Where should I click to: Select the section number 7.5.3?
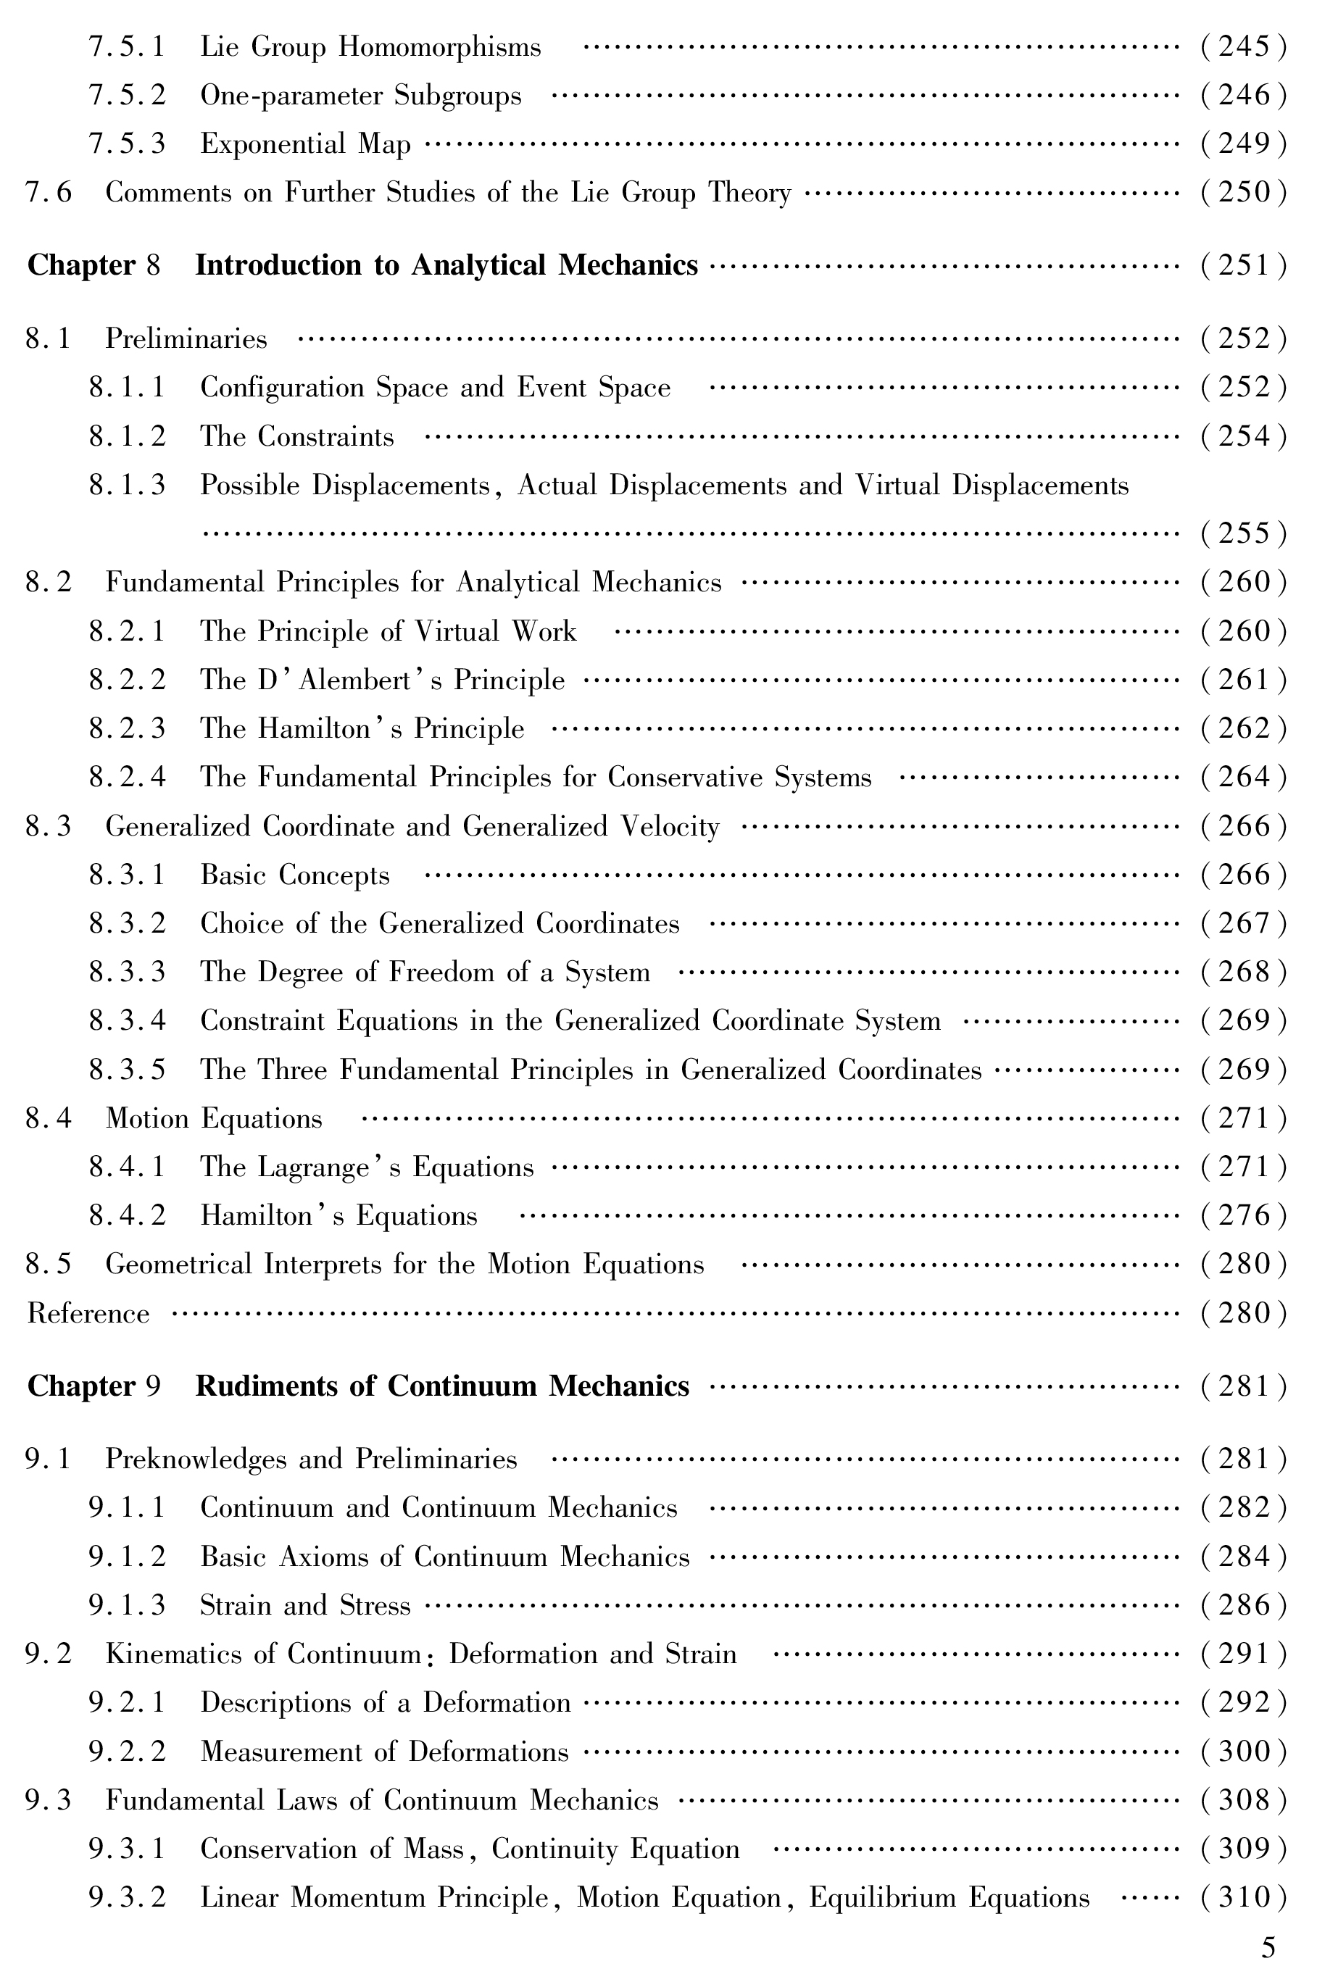[127, 144]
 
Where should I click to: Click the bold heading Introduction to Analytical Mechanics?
[446, 265]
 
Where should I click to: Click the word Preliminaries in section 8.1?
[186, 339]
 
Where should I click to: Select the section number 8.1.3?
[127, 486]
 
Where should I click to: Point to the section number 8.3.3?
[127, 973]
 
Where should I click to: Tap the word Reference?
[88, 1314]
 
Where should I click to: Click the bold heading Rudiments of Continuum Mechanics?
[442, 1386]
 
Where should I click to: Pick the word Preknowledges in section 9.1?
[195, 1460]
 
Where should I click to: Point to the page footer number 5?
[1268, 1946]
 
